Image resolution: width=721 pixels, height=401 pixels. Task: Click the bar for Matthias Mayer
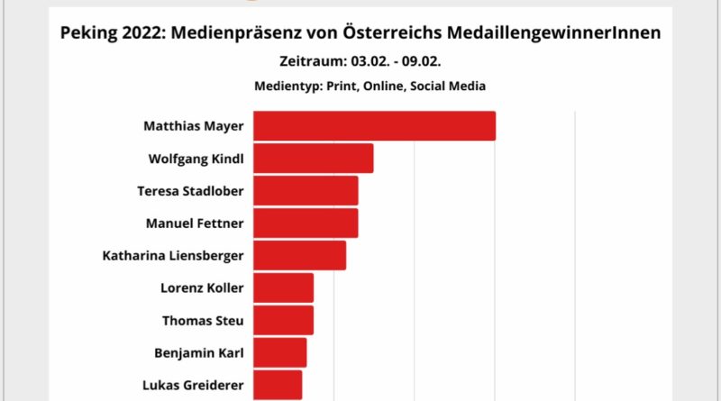click(374, 126)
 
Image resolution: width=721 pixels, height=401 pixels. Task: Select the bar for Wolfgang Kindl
click(313, 159)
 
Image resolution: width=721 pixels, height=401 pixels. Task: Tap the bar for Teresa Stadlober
click(306, 191)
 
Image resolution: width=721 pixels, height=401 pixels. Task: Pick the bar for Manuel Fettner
click(306, 223)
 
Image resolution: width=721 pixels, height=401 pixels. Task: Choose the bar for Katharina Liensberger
click(299, 255)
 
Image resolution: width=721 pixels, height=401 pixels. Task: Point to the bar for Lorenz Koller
click(283, 287)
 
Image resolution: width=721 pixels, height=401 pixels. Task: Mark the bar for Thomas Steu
click(283, 320)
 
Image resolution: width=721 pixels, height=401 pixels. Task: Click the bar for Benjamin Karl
click(279, 352)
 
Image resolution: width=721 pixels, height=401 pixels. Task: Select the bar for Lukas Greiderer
click(278, 385)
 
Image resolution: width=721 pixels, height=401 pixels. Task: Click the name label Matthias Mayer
click(193, 126)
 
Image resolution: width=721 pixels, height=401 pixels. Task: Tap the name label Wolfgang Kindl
click(196, 159)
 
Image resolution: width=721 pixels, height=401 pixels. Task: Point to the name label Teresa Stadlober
click(190, 191)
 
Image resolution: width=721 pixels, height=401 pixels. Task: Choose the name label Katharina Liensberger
click(173, 255)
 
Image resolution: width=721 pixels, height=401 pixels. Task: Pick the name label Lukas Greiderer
click(193, 385)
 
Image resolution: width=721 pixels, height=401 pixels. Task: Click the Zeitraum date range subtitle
click(360, 62)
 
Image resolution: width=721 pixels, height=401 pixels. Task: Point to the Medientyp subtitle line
click(360, 87)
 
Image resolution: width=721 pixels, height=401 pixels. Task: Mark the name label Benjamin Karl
click(199, 352)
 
